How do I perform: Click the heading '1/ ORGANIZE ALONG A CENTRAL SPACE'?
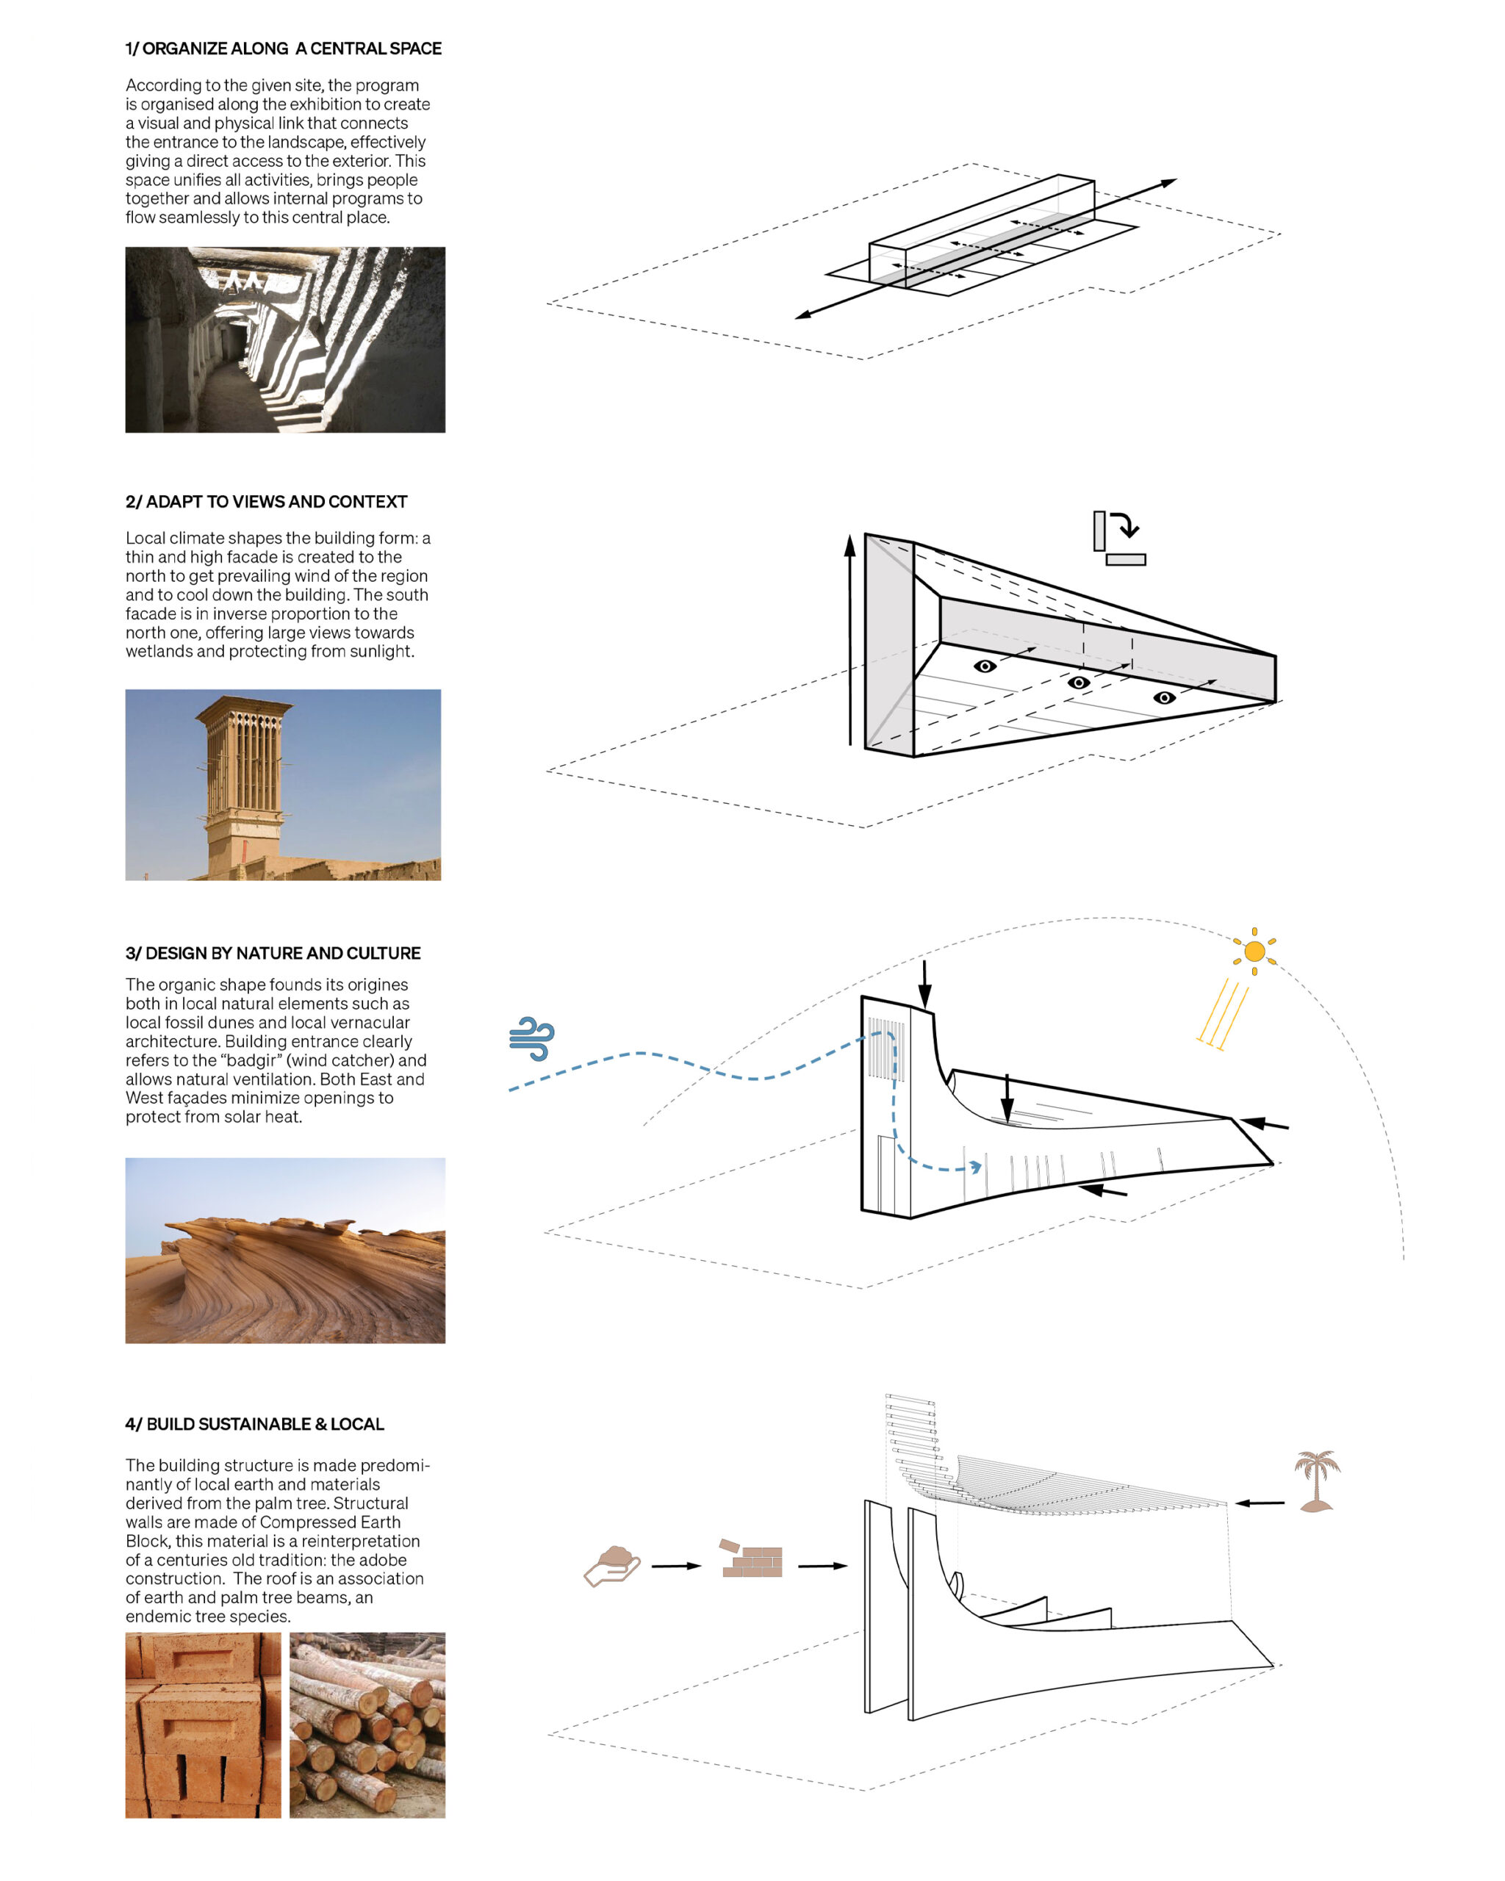284,48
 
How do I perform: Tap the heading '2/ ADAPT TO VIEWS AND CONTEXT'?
266,502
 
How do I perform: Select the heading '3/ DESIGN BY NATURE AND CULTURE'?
273,953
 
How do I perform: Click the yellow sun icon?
1254,951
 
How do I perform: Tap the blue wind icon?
531,1038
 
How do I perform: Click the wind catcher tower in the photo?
243,768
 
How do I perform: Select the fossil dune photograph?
285,1251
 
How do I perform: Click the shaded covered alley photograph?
285,339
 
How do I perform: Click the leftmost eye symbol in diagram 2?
985,666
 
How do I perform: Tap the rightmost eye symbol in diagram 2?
1164,697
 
